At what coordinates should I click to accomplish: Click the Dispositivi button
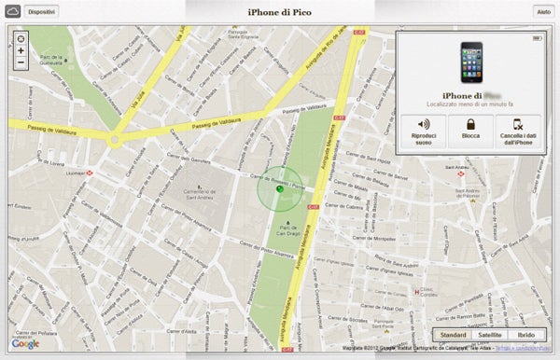coord(41,11)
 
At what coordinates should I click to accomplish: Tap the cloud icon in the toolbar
coord(12,11)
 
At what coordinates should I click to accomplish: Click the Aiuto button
coord(542,11)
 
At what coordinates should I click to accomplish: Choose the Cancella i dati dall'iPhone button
coord(516,130)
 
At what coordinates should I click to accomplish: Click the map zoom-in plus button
coord(21,50)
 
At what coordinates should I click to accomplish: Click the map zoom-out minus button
coord(21,62)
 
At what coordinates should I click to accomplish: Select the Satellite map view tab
coord(490,334)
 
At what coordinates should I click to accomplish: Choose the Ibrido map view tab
coord(526,334)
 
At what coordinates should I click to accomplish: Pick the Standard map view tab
coord(453,334)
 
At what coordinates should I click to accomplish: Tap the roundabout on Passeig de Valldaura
coord(115,140)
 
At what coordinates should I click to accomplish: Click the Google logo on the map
coord(25,343)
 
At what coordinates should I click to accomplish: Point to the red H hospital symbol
coord(416,292)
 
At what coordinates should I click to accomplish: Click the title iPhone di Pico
coord(279,11)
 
